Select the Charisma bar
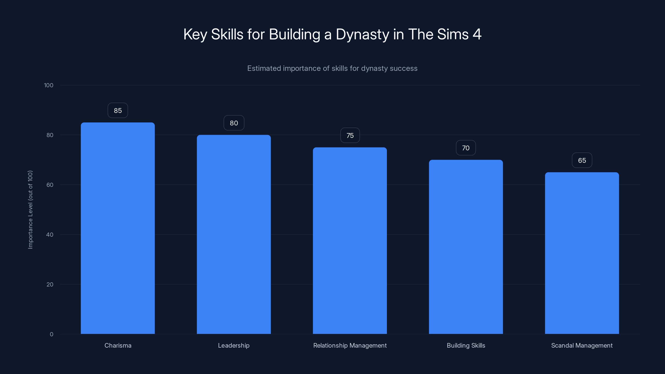[x=118, y=228]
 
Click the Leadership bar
[x=234, y=234]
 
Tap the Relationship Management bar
[x=350, y=241]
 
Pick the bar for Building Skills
[x=466, y=247]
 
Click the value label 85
[x=118, y=111]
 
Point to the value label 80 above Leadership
[x=234, y=123]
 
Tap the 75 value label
[x=350, y=135]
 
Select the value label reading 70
[x=466, y=148]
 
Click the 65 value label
[x=582, y=160]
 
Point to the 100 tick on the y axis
[x=49, y=85]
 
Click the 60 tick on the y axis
[x=50, y=185]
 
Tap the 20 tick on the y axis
[x=50, y=284]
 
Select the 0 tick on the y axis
[x=51, y=334]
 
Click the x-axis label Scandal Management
[x=582, y=345]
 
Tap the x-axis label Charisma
[x=118, y=345]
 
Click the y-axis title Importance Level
[x=30, y=210]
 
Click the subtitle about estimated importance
[x=332, y=68]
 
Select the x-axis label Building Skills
[x=466, y=345]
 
